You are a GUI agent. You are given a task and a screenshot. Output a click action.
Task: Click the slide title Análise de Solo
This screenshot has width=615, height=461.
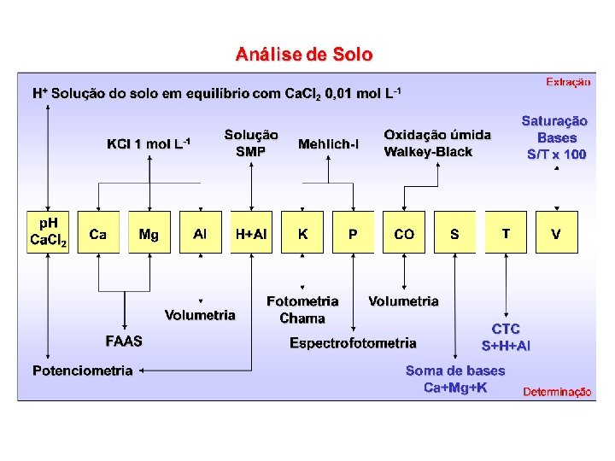(304, 55)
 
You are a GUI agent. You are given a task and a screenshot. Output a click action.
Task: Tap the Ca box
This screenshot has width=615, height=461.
(98, 233)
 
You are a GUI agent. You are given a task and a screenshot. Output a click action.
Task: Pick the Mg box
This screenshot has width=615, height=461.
(149, 233)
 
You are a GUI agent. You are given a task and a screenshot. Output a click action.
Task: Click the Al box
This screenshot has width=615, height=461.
(200, 233)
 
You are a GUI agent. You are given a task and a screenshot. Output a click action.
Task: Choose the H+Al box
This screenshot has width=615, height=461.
(251, 233)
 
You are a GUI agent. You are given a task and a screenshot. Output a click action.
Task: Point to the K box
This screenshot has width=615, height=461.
(302, 233)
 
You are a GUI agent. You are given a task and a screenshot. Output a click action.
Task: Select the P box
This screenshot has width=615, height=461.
(353, 233)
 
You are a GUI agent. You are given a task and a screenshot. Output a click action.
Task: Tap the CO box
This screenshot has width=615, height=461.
(404, 233)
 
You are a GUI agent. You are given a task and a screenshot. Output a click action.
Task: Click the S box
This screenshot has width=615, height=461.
(454, 233)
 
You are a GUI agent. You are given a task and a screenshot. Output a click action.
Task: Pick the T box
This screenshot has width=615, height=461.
(506, 233)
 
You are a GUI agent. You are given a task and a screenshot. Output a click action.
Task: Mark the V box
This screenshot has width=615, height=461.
(557, 233)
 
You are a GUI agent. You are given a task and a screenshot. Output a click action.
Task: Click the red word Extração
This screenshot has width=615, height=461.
(568, 82)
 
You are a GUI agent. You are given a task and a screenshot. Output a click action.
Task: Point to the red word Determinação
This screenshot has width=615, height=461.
(557, 392)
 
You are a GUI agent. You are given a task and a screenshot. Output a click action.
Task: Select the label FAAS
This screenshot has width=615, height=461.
(124, 341)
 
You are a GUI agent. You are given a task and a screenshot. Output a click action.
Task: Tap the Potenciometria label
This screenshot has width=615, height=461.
(83, 371)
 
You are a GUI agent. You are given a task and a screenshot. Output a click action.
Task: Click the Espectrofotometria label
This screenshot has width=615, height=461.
(353, 343)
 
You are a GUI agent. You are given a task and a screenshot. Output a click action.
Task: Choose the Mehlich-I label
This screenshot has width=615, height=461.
(328, 144)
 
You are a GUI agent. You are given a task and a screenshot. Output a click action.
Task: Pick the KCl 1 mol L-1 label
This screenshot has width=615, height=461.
(149, 143)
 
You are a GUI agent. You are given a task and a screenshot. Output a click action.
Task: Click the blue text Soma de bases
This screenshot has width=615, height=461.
(455, 371)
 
